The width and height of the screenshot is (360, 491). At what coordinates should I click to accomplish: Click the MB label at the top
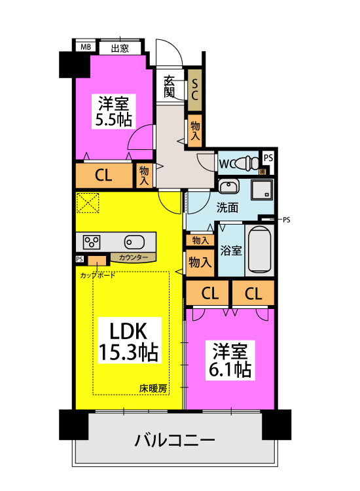[x=84, y=47]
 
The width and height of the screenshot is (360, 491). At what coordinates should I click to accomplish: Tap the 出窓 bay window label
[x=119, y=47]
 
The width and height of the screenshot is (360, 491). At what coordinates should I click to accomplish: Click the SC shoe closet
[x=194, y=88]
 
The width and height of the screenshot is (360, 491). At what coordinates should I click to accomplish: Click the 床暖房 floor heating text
[x=153, y=388]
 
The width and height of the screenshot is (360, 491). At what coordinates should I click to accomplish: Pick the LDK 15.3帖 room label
[x=128, y=341]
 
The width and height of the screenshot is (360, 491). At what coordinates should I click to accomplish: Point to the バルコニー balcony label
[x=175, y=439]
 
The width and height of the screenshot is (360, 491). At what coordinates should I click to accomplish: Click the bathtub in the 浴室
[x=260, y=249]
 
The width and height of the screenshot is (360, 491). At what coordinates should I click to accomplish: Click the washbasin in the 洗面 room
[x=228, y=187]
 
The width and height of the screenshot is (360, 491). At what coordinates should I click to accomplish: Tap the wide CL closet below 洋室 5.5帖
[x=103, y=175]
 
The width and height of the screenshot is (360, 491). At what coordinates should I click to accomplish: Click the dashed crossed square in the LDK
[x=88, y=203]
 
